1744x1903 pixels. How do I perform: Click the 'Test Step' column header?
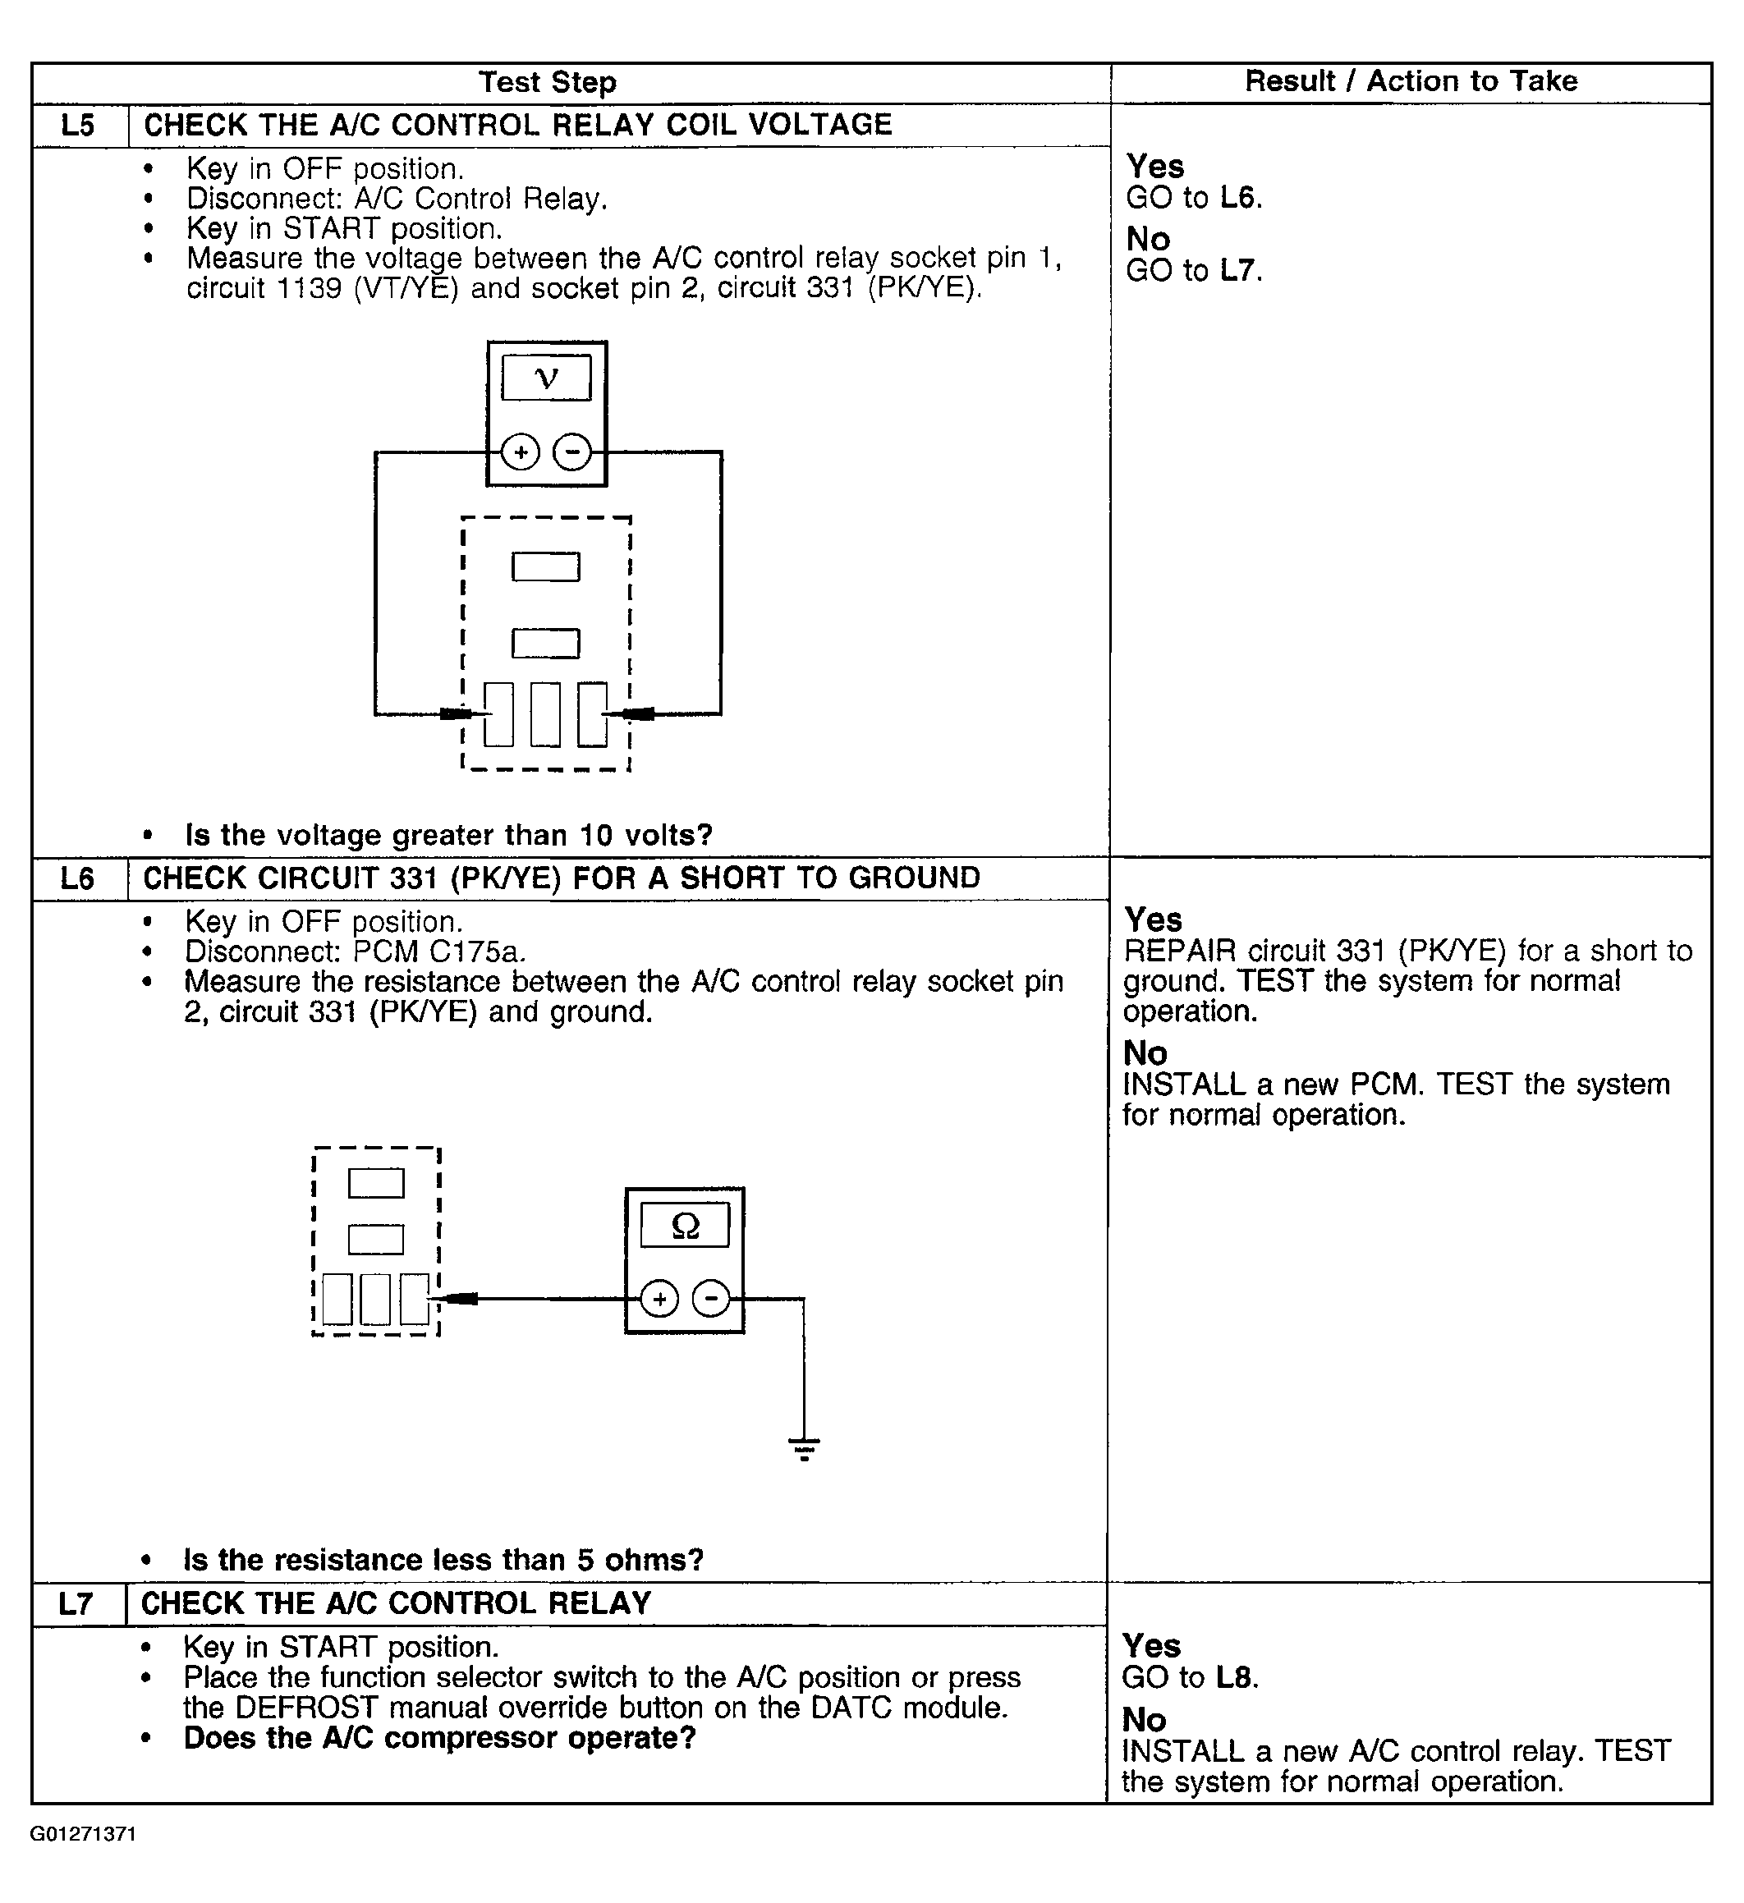(x=547, y=82)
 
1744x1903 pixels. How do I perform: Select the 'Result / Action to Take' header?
(x=1411, y=81)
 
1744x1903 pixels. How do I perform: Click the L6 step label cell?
(x=77, y=878)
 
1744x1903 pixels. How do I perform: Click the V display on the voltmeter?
(x=546, y=378)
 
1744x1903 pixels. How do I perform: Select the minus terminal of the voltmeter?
(x=571, y=452)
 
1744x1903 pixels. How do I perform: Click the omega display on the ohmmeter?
(x=685, y=1225)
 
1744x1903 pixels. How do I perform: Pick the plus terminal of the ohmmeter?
(x=659, y=1300)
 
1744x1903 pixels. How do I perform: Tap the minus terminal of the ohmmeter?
(x=711, y=1300)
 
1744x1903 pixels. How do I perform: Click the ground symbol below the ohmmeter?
(x=804, y=1449)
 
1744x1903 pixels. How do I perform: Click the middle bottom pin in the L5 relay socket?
(x=546, y=714)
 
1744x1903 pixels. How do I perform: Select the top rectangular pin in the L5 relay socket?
(x=546, y=566)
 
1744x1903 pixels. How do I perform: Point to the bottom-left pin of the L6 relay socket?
(x=337, y=1299)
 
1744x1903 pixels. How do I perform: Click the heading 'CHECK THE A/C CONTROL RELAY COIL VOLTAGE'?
(x=517, y=125)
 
